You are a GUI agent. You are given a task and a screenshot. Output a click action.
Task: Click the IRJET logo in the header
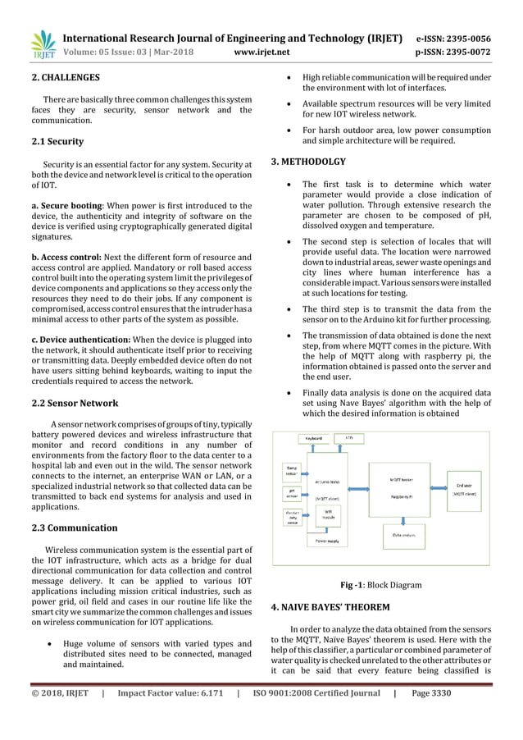[42, 45]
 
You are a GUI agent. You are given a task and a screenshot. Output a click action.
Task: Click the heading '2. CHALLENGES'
[66, 78]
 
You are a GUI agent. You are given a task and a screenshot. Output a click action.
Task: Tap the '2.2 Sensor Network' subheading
[75, 403]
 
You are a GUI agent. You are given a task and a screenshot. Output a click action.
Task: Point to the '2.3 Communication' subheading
[74, 528]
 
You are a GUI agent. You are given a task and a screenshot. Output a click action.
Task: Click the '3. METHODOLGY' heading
[308, 162]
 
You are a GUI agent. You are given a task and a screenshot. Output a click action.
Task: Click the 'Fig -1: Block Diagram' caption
[381, 586]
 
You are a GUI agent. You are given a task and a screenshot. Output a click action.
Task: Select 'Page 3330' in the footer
[431, 693]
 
